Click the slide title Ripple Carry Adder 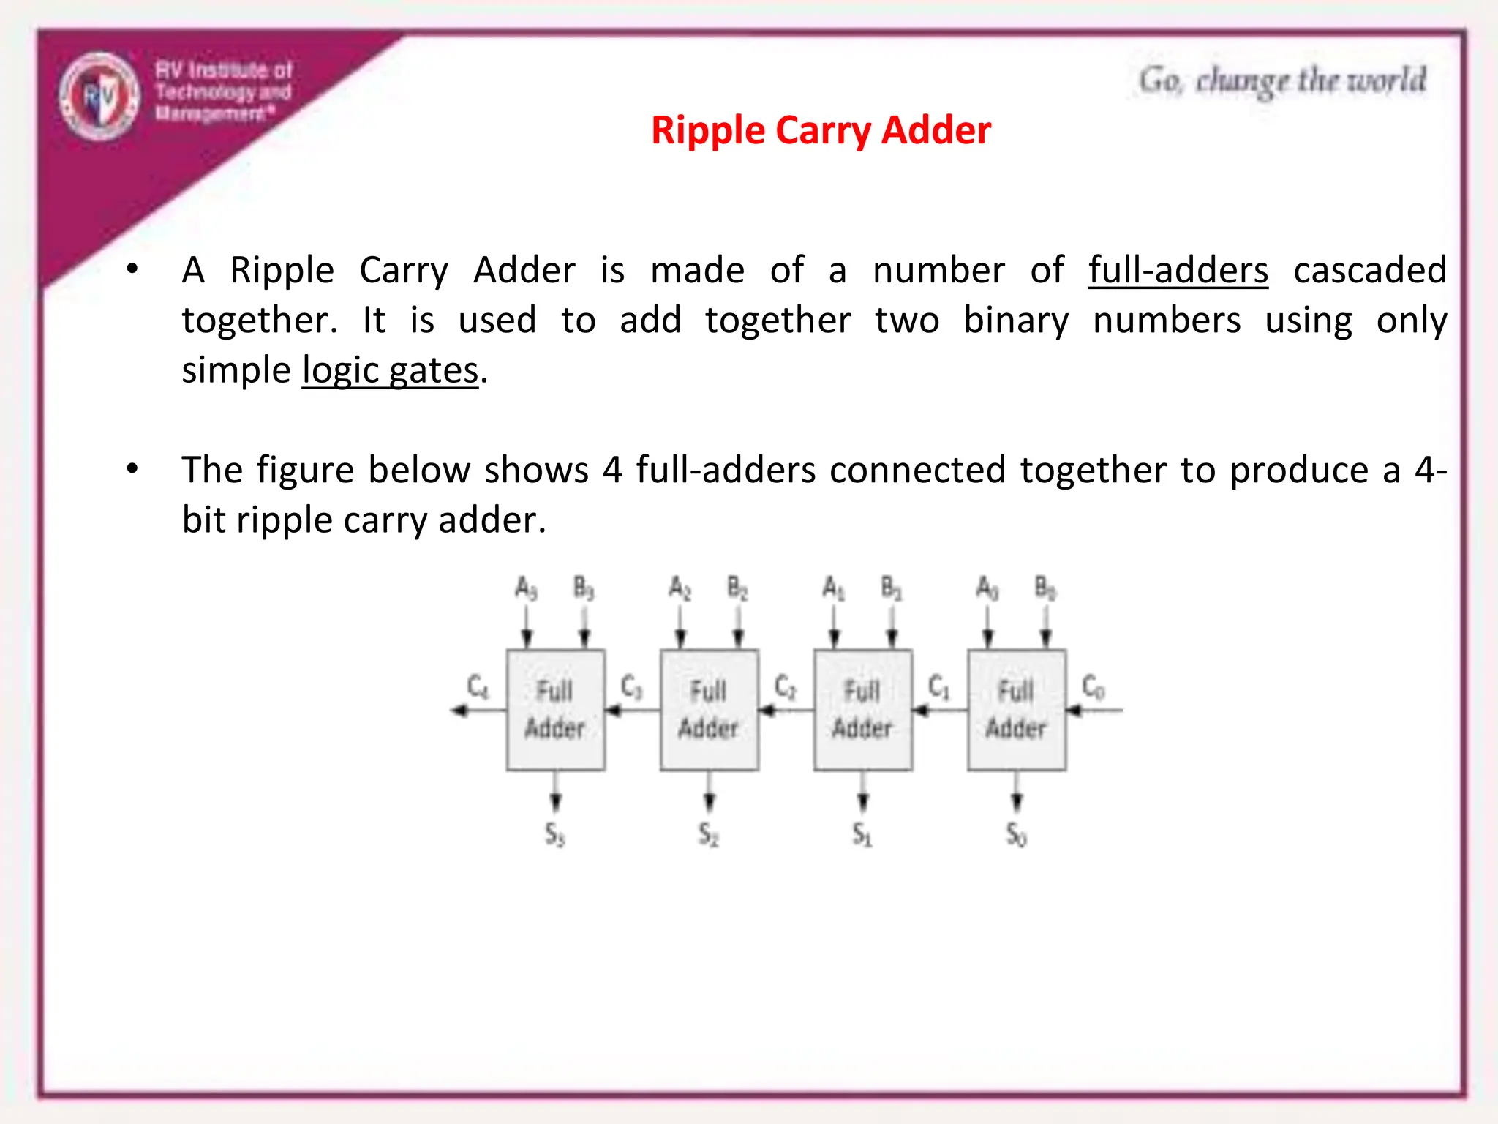tap(821, 131)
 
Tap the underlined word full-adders tap(1178, 270)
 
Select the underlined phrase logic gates tap(390, 370)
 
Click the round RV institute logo tap(99, 96)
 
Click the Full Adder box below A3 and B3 tap(556, 710)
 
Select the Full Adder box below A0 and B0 tap(1017, 710)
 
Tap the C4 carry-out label tap(478, 687)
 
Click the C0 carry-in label tap(1094, 687)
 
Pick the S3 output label tap(555, 834)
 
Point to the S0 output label tap(1016, 834)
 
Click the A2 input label tap(680, 588)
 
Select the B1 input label tap(891, 588)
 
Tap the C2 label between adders tap(786, 687)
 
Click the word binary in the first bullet tap(1016, 321)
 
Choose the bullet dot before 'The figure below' tap(132, 468)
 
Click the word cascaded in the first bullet tap(1369, 270)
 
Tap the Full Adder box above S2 tap(710, 710)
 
